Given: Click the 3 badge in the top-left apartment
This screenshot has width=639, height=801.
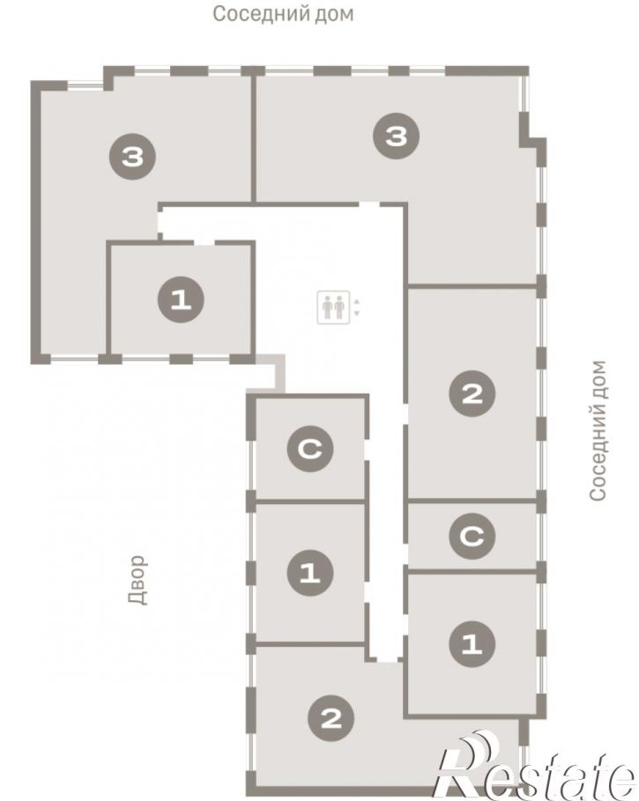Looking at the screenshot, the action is (133, 156).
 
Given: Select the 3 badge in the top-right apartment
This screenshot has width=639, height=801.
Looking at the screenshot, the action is (397, 136).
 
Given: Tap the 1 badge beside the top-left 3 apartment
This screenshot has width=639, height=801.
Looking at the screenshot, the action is (181, 300).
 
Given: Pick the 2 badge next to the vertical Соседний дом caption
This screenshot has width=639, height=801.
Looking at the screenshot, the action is (472, 393).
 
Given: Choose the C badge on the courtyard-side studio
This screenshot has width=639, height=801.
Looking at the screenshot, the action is (310, 449).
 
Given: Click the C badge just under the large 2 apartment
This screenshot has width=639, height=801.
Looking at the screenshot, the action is (472, 536).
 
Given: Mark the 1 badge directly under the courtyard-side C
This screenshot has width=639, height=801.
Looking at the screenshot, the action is (310, 573).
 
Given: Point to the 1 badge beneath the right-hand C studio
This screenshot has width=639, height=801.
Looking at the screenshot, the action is (472, 643).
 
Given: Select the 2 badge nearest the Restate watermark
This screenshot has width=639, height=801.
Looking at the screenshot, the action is (331, 719).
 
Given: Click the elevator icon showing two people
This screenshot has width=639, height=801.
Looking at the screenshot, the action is (333, 307).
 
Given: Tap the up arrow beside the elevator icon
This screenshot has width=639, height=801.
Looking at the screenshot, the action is (357, 301).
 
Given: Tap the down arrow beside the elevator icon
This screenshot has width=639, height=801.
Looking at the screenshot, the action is (357, 313).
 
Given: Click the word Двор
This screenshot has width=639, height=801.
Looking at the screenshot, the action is (137, 580).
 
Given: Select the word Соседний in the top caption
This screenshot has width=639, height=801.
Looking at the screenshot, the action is (260, 14).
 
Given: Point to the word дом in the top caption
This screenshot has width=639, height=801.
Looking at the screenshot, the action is (333, 14).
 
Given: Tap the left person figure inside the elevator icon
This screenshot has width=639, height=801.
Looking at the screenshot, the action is (327, 307).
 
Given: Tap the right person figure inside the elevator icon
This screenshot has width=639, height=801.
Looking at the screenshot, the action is (339, 307).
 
